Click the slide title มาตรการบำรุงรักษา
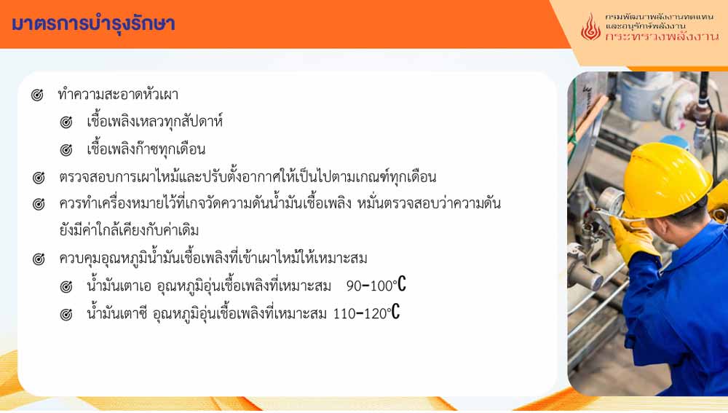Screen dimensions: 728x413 [x=93, y=24]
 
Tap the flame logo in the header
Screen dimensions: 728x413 [x=590, y=26]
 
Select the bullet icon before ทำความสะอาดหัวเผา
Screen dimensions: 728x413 [x=37, y=95]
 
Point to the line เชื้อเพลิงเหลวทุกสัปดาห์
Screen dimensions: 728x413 [x=154, y=122]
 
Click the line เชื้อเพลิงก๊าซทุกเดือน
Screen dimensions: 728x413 [x=146, y=149]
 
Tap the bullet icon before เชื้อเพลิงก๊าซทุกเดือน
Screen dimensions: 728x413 [x=66, y=150]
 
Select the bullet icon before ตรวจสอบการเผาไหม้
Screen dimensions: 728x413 [x=39, y=178]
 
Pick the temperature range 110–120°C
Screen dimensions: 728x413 [x=366, y=312]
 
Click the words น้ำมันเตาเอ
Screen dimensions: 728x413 [x=119, y=284]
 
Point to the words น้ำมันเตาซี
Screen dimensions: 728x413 [x=117, y=312]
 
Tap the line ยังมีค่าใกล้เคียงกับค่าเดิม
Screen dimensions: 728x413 [x=129, y=230]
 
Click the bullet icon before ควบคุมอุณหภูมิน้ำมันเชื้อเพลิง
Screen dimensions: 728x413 [x=39, y=259]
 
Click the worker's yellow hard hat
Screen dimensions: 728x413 [x=666, y=179]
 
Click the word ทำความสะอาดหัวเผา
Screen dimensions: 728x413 [x=118, y=94]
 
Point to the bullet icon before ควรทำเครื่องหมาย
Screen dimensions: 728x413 [x=39, y=204]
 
